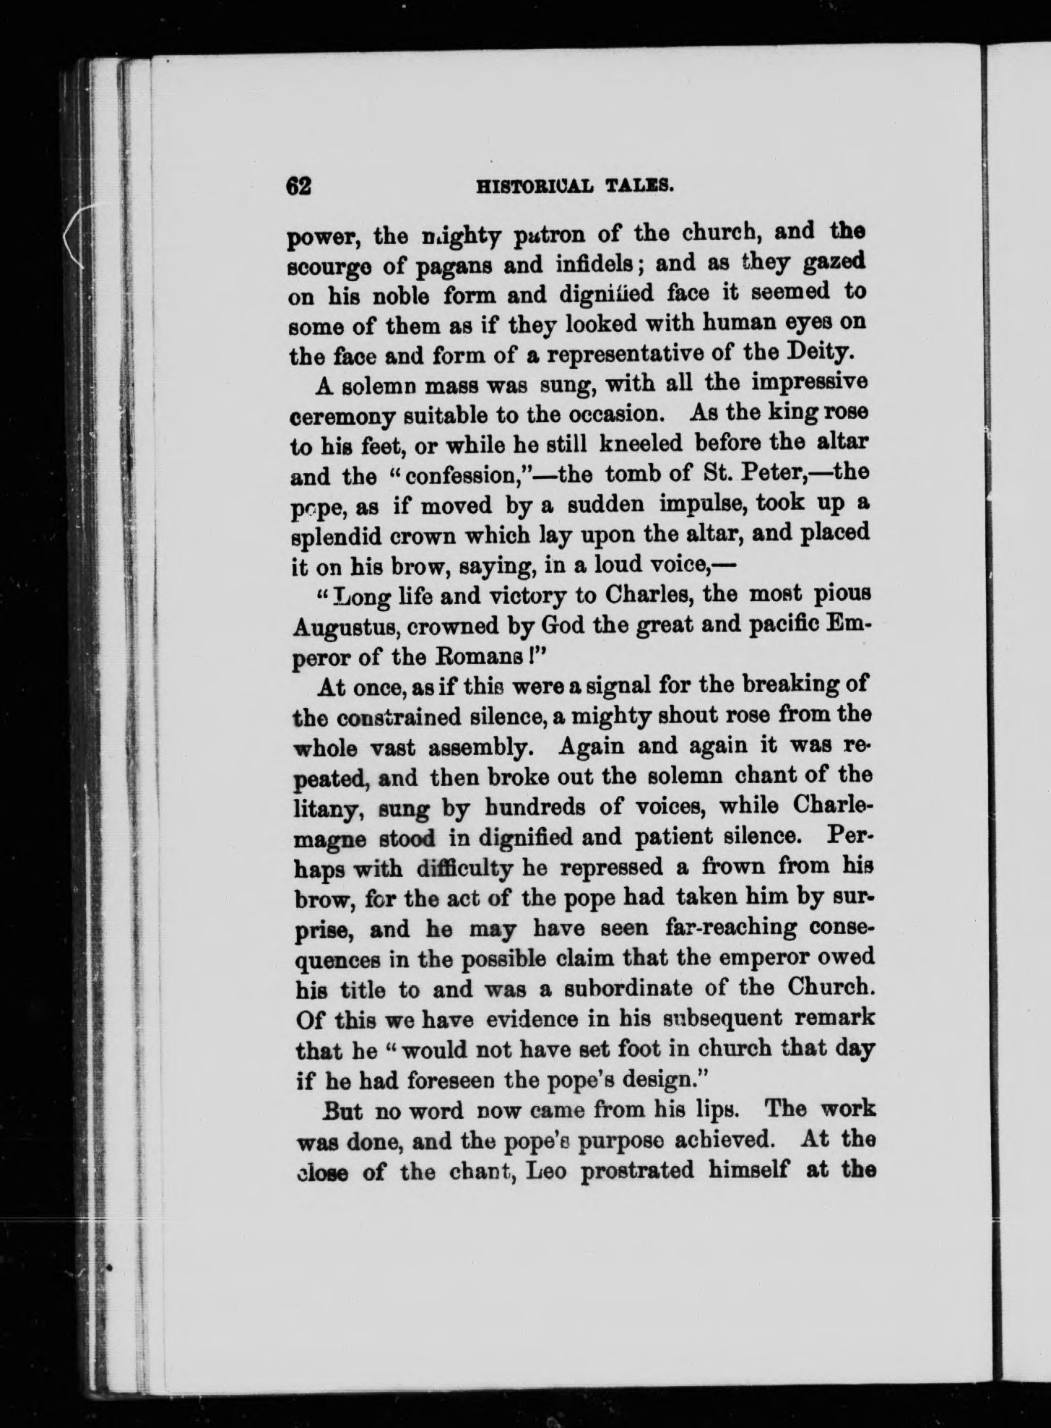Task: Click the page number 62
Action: coord(298,186)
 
